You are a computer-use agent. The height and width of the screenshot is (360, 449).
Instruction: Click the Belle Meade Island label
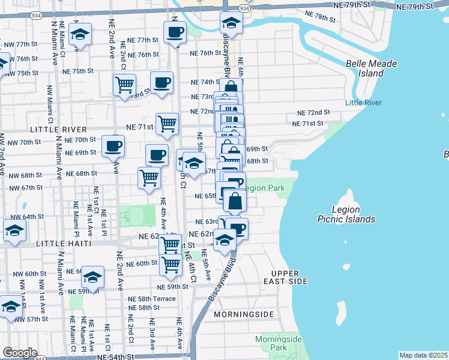pyautogui.click(x=364, y=68)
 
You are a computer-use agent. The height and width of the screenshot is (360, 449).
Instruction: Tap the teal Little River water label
pyautogui.click(x=363, y=103)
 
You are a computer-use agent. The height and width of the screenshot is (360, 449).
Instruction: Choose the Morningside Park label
pyautogui.click(x=277, y=343)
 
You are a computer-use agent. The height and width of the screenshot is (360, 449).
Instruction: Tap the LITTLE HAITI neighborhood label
pyautogui.click(x=64, y=244)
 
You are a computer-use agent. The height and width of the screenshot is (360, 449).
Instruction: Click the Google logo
pyautogui.click(x=20, y=353)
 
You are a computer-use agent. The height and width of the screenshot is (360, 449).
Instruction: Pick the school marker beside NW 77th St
pyautogui.click(x=79, y=35)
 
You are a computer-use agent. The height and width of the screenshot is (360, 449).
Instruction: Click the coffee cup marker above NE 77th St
pyautogui.click(x=175, y=31)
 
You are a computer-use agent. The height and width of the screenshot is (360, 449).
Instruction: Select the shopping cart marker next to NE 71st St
pyautogui.click(x=167, y=124)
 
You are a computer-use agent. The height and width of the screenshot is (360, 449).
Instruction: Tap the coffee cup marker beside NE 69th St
pyautogui.click(x=112, y=145)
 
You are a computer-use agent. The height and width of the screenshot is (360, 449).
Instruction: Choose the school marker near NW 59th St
pyautogui.click(x=92, y=277)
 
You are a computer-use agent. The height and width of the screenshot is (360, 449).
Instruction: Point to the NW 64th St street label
pyautogui.click(x=23, y=217)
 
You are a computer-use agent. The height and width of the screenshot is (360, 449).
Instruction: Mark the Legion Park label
pyautogui.click(x=265, y=188)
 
